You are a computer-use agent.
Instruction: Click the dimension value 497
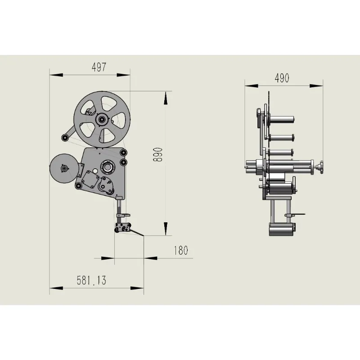pos(99,67)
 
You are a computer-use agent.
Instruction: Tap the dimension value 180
pos(180,250)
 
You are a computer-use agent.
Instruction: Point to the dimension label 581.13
pos(91,280)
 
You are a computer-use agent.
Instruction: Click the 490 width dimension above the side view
pos(282,78)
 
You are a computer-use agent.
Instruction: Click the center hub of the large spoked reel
pos(102,119)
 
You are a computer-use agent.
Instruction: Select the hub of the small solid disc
pos(64,168)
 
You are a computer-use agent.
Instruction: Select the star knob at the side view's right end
pos(321,167)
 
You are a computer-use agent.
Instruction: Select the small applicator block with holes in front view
pos(123,228)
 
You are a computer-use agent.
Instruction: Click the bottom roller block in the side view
pos(281,229)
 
